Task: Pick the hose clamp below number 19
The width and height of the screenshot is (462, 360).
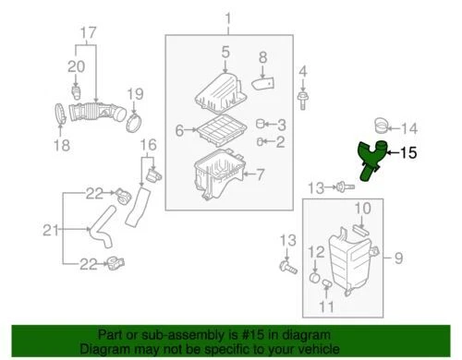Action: click(x=133, y=119)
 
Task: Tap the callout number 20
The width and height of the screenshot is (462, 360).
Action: click(x=76, y=66)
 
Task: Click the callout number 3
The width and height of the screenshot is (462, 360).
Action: click(x=282, y=124)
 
